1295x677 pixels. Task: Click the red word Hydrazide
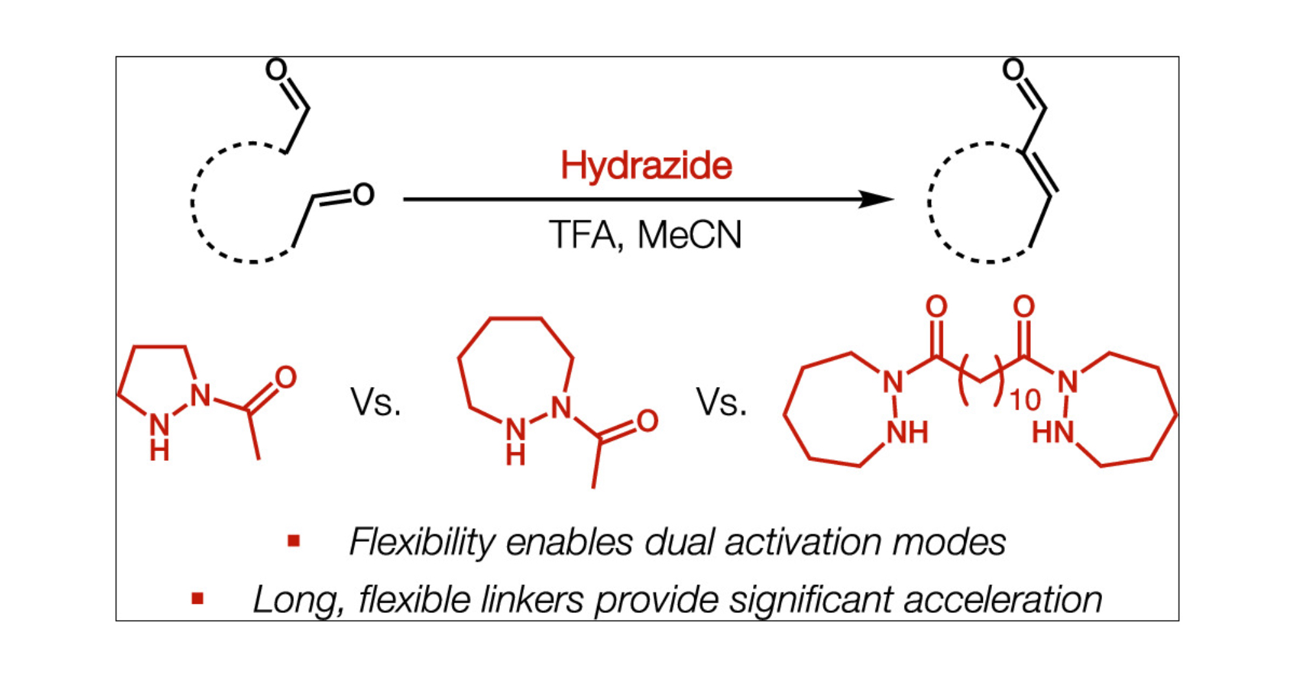646,166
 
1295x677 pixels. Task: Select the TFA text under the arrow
582,235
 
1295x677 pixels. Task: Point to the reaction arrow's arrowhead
877,199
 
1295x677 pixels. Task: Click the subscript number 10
1025,401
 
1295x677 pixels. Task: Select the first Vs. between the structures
376,403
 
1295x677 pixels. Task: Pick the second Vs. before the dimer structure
721,403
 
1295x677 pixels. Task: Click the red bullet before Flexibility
294,540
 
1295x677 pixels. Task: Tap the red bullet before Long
198,599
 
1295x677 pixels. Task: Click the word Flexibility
422,542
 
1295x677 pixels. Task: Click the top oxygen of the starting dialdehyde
276,69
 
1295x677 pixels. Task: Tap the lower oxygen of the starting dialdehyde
364,194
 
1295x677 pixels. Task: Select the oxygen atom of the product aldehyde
1013,69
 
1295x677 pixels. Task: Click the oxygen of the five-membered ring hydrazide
286,377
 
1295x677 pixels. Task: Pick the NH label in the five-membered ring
159,435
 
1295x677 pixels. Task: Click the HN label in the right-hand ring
1052,432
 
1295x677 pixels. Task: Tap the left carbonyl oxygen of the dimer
936,306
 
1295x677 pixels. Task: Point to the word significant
813,599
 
